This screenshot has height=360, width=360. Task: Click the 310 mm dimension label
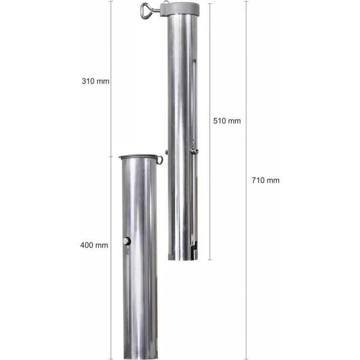(x=95, y=81)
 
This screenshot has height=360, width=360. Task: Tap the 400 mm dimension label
(x=94, y=245)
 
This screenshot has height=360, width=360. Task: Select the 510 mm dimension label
(x=227, y=121)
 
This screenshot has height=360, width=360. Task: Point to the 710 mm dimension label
(x=266, y=180)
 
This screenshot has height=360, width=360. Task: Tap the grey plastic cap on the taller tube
(x=180, y=9)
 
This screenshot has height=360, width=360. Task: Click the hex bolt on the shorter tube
(x=127, y=241)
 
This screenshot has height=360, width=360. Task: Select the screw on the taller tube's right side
(x=195, y=151)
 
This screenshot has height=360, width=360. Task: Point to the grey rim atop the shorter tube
(x=138, y=157)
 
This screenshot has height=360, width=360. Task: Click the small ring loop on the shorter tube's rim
(x=160, y=160)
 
